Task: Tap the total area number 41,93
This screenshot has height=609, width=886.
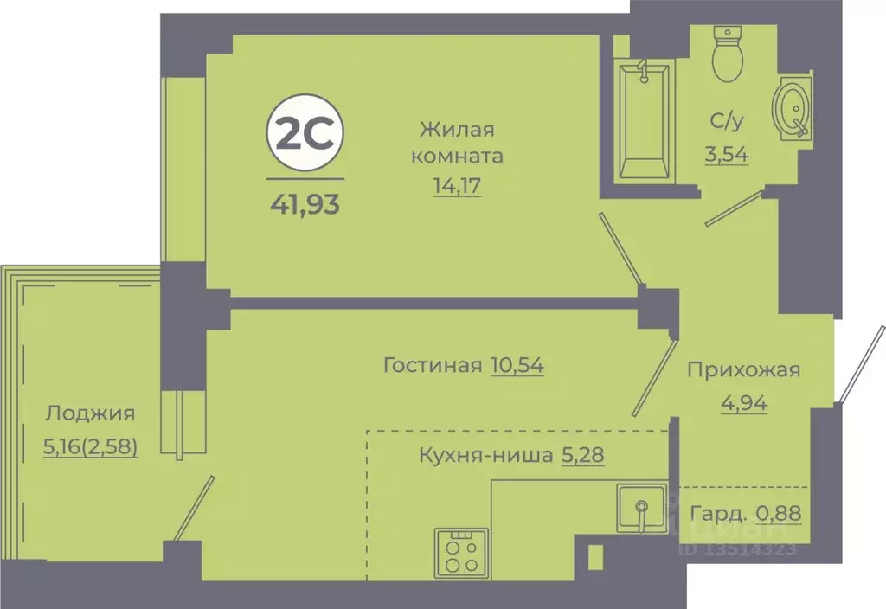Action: pos(304,206)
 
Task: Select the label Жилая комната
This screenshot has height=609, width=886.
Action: pos(457,144)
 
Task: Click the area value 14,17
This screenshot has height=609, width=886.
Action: pos(457,183)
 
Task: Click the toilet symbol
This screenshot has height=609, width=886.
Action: pos(725,54)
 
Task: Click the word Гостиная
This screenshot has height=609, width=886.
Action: pos(432,365)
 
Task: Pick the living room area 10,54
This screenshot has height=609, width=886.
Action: pos(517,365)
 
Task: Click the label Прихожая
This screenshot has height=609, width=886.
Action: pos(743,370)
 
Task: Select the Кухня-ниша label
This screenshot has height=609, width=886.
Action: pos(485,454)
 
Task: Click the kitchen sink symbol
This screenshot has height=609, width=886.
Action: pos(641,509)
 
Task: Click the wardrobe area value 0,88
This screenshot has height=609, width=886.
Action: pos(779,512)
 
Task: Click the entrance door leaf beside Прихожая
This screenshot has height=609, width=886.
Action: pos(860,364)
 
